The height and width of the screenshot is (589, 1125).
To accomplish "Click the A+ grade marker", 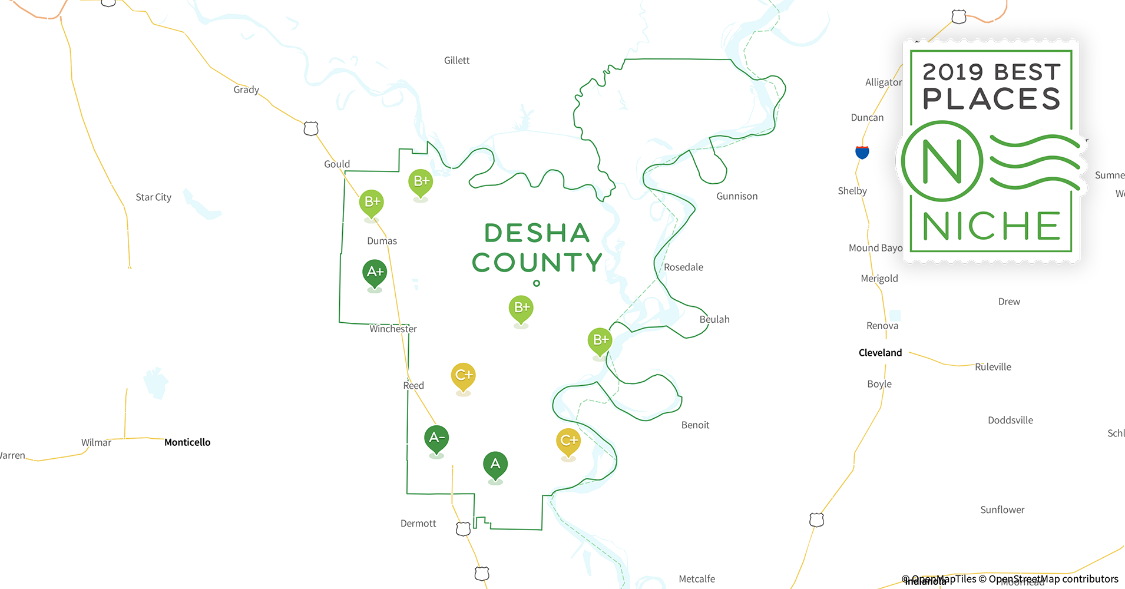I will coord(375,272).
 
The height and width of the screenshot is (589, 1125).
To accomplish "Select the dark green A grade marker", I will coord(495,464).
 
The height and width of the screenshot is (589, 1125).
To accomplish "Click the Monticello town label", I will coord(187,442).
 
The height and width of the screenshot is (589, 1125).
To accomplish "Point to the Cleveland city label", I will coord(880,353).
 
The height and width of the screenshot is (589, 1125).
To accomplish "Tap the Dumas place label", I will coord(382,241).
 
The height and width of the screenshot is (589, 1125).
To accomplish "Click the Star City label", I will coord(153,197).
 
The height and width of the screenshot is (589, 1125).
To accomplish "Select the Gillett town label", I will coord(456,61).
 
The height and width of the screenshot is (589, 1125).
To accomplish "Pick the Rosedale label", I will coord(683,267).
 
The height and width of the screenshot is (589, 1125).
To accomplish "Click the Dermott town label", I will coord(418,524).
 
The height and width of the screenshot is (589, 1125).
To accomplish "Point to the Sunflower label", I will coord(1002,510).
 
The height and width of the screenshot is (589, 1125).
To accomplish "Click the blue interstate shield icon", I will coord(862,152).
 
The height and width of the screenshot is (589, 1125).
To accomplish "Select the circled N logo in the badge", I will coord(942,161).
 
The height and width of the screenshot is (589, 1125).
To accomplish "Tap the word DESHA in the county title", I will coord(537,233).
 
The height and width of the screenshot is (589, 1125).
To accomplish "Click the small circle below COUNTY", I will coord(537,283).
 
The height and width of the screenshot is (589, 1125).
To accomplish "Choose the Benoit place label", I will coord(695,425).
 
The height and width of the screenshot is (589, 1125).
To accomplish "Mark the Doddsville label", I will coord(1010,421).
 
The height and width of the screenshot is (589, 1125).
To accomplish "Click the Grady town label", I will coord(246,90).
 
